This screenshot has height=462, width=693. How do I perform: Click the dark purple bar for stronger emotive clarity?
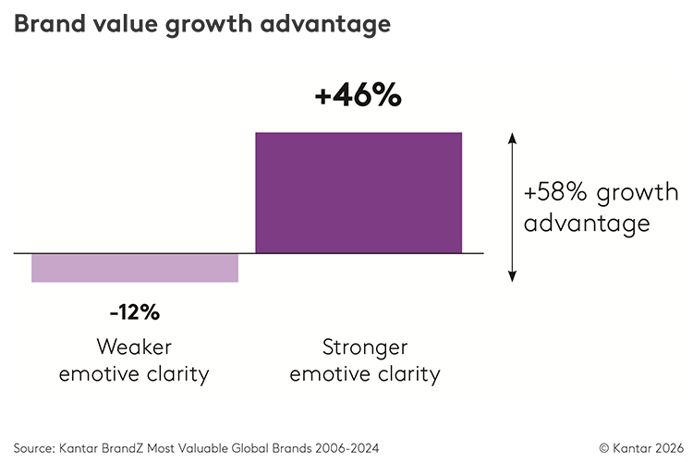[x=359, y=193]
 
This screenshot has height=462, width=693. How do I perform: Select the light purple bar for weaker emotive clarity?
[x=135, y=268]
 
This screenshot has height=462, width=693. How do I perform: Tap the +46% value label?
[x=358, y=95]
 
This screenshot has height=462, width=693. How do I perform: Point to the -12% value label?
[x=135, y=312]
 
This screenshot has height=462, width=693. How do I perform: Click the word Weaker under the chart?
[x=134, y=346]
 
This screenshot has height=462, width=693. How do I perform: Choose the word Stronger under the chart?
[x=365, y=347]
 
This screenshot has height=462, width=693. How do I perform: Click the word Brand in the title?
[x=50, y=23]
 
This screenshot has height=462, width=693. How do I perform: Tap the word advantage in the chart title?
[x=325, y=25]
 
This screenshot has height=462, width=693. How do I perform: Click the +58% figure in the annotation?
[x=555, y=192]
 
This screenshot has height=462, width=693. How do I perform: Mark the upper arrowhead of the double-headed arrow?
[x=512, y=138]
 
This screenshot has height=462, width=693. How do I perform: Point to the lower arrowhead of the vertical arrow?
[x=512, y=276]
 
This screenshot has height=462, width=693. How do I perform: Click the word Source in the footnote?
[x=32, y=448]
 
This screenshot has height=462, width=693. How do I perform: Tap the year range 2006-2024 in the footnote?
[x=346, y=448]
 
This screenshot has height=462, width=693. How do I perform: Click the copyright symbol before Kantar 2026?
[x=604, y=448]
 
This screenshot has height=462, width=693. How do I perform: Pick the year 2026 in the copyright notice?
[x=670, y=448]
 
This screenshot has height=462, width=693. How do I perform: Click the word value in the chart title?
[x=125, y=23]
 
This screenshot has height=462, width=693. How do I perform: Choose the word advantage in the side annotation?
[x=587, y=224]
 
